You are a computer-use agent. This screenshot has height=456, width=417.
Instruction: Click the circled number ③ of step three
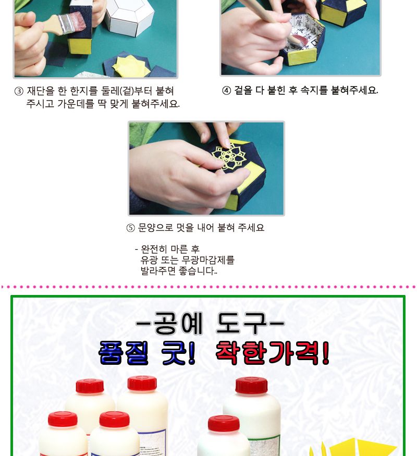click(19, 91)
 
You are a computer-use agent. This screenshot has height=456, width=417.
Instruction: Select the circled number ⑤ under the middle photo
click(131, 228)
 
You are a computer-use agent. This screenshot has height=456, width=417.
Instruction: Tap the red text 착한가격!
click(272, 354)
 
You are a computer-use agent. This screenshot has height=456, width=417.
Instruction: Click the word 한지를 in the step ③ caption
click(82, 91)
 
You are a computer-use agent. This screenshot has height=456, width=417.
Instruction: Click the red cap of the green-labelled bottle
click(251, 385)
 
